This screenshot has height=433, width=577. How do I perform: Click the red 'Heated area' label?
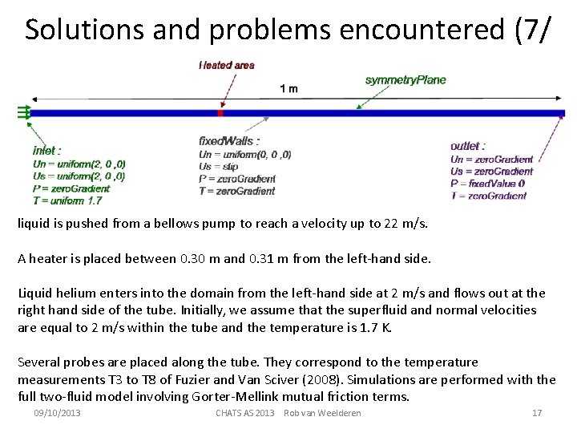(x=227, y=65)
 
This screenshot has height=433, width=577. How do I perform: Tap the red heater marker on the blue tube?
(x=220, y=113)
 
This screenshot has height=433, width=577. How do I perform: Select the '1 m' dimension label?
(x=288, y=88)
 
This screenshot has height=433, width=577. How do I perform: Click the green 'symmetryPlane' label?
(x=406, y=79)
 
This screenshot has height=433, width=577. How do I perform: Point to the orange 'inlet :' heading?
(x=47, y=150)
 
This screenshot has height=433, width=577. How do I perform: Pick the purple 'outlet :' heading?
(x=468, y=146)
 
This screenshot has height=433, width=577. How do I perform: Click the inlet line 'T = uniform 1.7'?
(x=67, y=200)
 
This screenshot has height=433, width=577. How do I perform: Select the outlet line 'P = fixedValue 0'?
(x=488, y=183)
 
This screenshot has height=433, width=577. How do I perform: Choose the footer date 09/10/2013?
(x=57, y=413)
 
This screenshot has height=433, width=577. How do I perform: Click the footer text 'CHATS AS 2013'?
(x=245, y=413)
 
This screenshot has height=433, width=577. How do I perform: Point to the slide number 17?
(x=537, y=413)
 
